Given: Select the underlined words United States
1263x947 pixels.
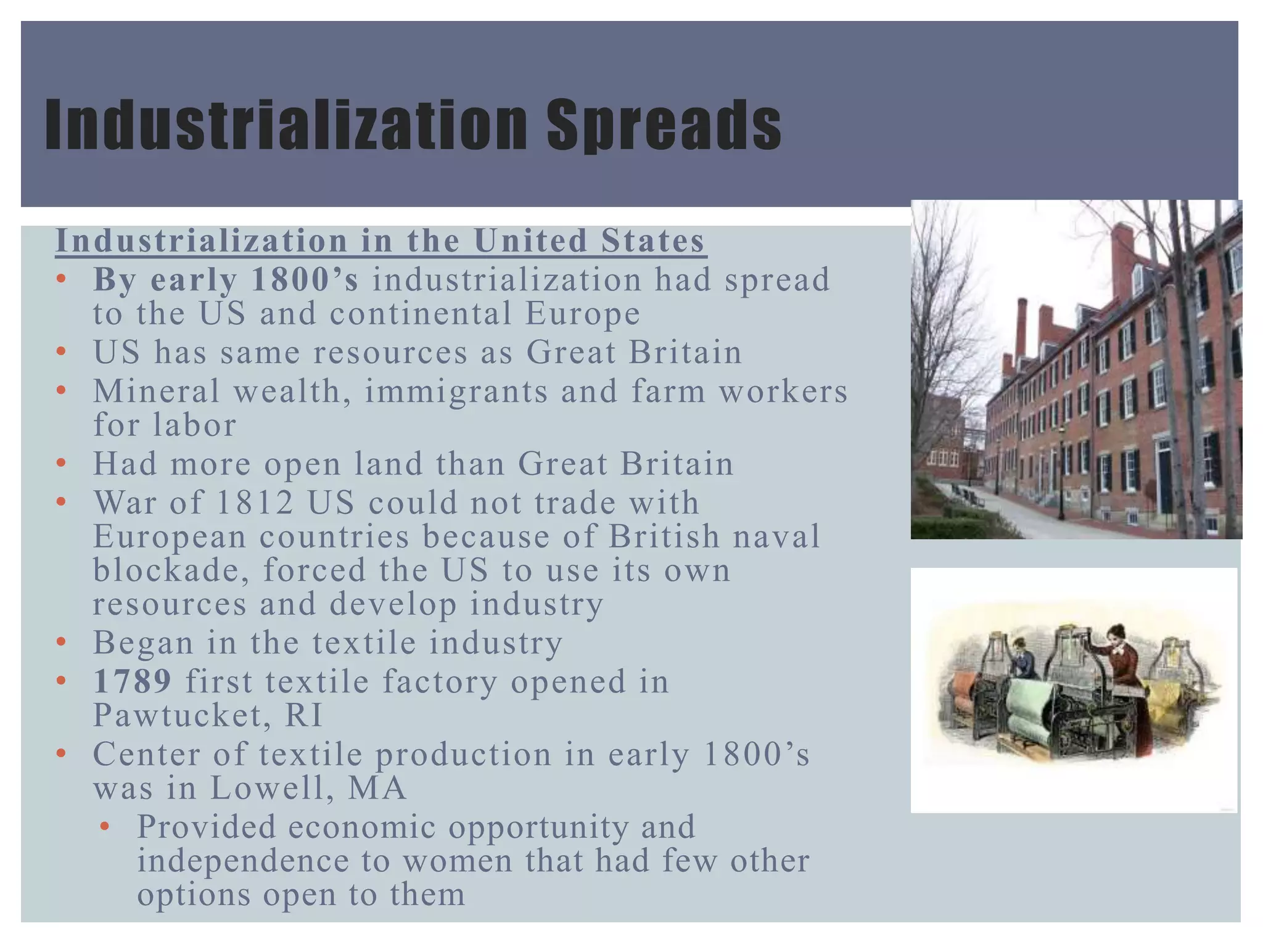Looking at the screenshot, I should [x=589, y=240].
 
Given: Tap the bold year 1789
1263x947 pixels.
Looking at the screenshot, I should [x=132, y=682].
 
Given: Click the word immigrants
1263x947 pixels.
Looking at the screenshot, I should [x=456, y=392].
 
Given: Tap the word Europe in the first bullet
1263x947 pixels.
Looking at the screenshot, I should [x=583, y=314].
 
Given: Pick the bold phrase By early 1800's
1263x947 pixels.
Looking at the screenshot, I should [x=226, y=280].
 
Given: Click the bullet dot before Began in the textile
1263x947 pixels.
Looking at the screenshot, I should [x=60, y=643].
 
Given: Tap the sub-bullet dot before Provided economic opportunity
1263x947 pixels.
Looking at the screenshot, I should [x=105, y=827].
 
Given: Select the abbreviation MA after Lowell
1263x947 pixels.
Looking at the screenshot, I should [x=377, y=788].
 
